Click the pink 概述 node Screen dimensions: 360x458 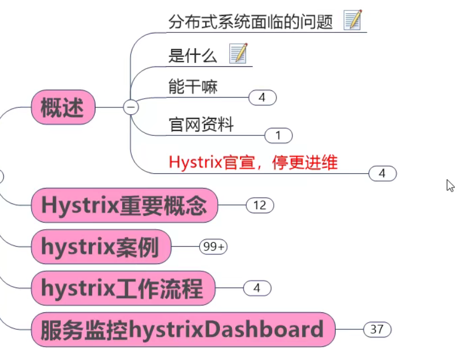click(x=64, y=107)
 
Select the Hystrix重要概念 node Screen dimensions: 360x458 click(x=125, y=205)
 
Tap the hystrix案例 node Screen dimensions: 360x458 click(x=100, y=247)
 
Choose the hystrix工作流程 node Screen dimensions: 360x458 click(x=122, y=288)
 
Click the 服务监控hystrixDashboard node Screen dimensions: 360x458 click(x=182, y=330)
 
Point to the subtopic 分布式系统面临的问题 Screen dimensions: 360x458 click(x=251, y=22)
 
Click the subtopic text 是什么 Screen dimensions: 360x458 click(x=193, y=55)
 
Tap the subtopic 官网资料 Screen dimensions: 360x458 click(x=201, y=124)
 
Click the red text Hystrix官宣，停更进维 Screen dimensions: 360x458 click(x=253, y=162)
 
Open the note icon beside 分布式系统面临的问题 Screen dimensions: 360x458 click(x=353, y=20)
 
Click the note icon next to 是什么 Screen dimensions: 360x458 click(x=238, y=54)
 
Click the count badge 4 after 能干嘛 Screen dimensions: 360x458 click(x=262, y=98)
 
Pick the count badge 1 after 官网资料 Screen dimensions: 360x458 click(x=278, y=135)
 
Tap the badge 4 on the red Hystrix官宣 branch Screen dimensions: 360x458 click(x=382, y=173)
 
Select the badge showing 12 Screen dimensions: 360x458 click(x=259, y=205)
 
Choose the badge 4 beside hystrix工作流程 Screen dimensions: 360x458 click(x=257, y=288)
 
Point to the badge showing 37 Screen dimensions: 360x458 click(x=377, y=329)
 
